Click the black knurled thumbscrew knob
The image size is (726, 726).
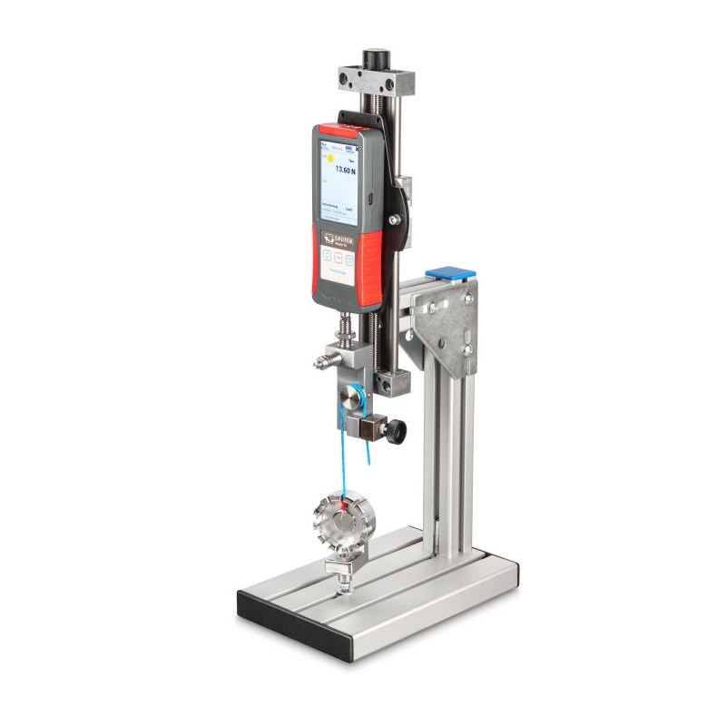[x=397, y=427]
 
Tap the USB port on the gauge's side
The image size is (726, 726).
[x=372, y=197]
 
